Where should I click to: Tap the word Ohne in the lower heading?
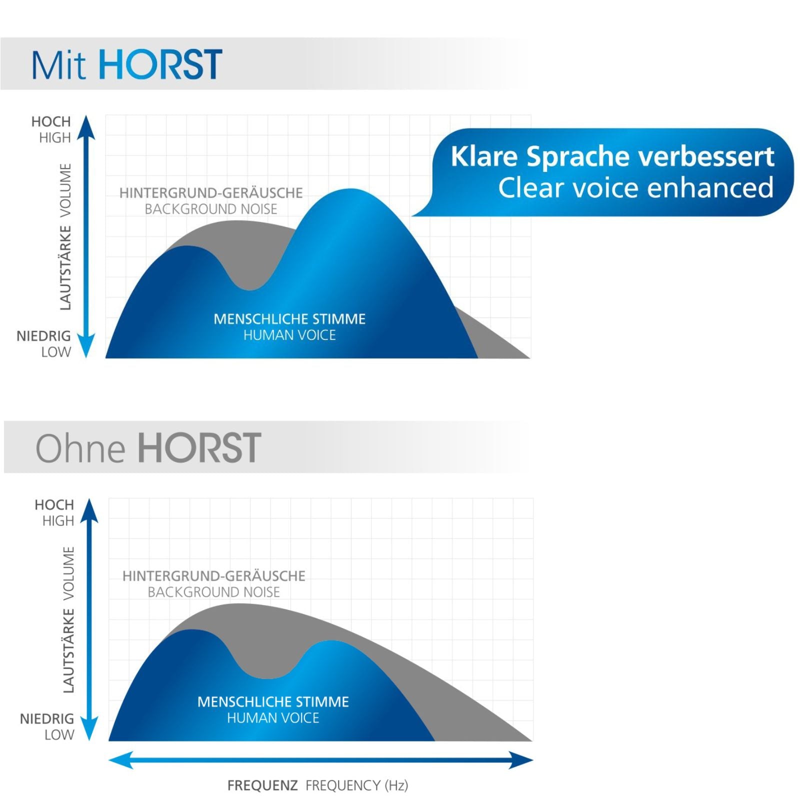point(80,448)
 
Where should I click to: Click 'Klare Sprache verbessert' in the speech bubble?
point(612,156)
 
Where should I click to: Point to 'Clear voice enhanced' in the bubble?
point(635,188)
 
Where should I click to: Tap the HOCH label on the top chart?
point(51,121)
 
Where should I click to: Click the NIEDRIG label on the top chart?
point(43,336)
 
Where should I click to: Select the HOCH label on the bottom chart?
point(54,504)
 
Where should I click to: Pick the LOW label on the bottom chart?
point(59,735)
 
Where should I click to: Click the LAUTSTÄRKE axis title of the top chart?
point(65,267)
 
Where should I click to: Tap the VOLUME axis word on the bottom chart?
point(68,573)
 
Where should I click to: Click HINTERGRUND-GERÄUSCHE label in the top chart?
point(211,193)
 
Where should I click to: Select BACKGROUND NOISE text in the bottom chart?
point(213,592)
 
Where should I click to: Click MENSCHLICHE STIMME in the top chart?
point(289,319)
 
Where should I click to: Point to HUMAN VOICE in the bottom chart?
point(273,718)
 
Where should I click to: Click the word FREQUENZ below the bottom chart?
point(262,785)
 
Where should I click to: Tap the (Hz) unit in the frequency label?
point(396,785)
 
